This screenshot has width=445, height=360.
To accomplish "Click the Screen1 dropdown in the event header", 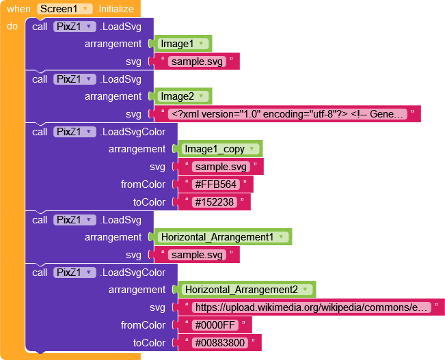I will [x=65, y=9].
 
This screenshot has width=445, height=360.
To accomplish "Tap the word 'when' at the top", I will [x=18, y=9].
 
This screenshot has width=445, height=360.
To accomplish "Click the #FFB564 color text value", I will [x=213, y=184].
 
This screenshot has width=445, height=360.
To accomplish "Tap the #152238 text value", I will [x=213, y=202].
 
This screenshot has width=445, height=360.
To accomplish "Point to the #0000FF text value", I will [x=213, y=325].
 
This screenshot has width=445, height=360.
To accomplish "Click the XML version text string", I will [x=289, y=114].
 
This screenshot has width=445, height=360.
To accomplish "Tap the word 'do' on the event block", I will [x=12, y=27].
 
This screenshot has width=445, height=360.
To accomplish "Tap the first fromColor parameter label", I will [x=143, y=184].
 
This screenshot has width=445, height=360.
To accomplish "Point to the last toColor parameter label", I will [x=149, y=343].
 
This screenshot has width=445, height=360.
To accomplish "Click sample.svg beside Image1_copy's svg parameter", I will [x=220, y=167].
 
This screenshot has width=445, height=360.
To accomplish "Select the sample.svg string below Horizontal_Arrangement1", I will [x=197, y=255].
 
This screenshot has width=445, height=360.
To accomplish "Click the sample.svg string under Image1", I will [x=197, y=61].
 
